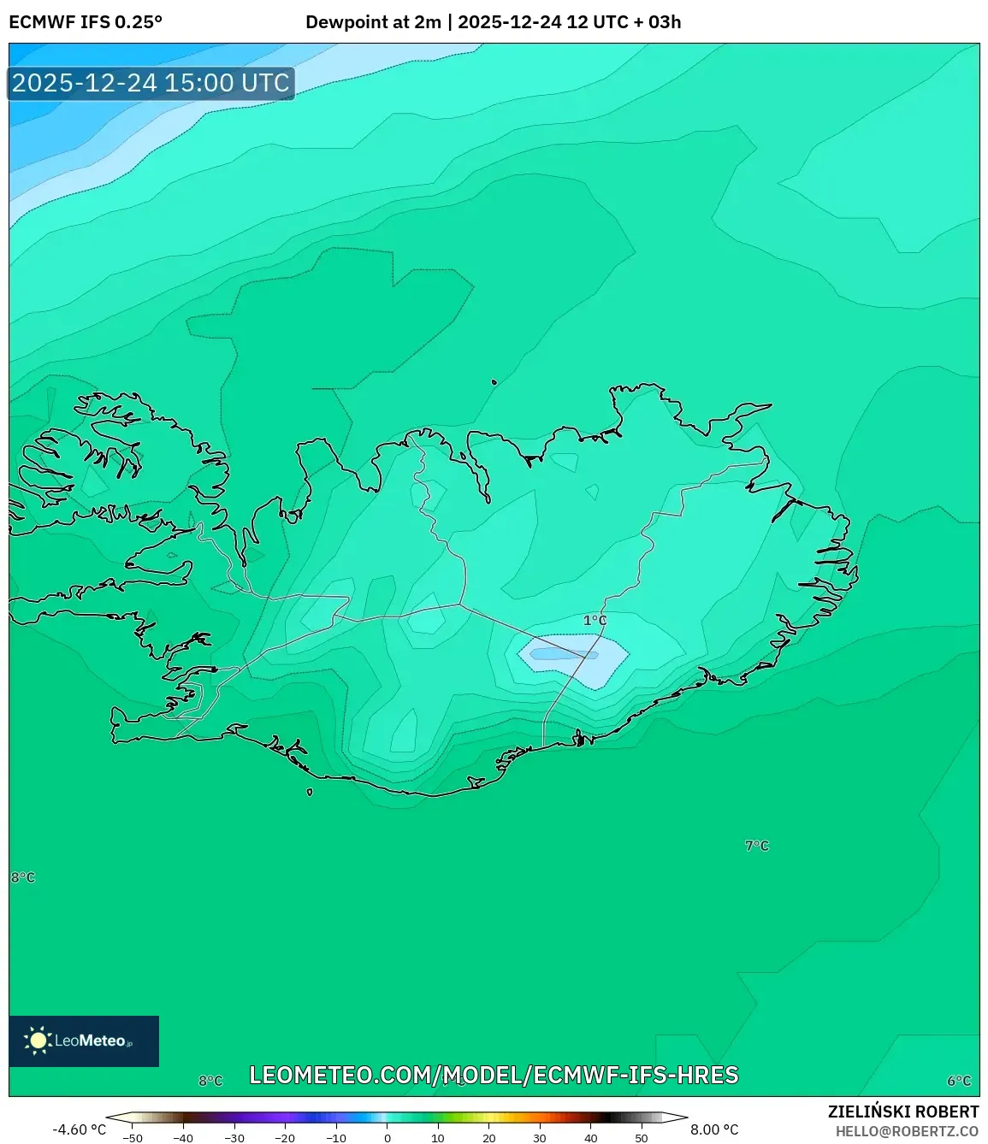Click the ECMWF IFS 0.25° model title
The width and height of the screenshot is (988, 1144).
(x=86, y=22)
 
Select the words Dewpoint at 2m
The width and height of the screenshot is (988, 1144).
(x=373, y=22)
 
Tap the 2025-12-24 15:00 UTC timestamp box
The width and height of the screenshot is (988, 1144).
(x=151, y=83)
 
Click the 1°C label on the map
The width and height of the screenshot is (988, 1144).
(x=595, y=621)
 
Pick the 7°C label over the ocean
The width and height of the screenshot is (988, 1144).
(x=757, y=846)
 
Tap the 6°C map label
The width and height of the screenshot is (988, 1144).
(x=959, y=1081)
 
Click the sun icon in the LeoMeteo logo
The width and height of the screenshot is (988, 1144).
(x=38, y=1041)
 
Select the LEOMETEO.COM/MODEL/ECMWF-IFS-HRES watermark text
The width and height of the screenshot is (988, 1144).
(x=494, y=1075)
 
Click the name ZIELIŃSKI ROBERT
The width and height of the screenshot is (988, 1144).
(x=903, y=1112)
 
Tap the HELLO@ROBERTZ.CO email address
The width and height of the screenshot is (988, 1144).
(x=907, y=1131)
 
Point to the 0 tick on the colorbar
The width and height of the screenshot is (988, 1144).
(x=388, y=1138)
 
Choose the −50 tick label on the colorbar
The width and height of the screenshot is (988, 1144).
(x=132, y=1138)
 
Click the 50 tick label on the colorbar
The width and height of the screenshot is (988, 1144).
(x=642, y=1138)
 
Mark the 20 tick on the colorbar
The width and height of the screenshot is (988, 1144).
(x=488, y=1138)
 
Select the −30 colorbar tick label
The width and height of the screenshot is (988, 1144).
(x=234, y=1138)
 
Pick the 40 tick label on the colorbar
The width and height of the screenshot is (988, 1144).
(x=590, y=1138)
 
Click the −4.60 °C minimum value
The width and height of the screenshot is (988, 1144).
(x=80, y=1129)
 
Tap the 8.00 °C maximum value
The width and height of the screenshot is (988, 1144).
(x=714, y=1129)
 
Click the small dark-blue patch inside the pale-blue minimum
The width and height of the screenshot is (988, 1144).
(x=563, y=655)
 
